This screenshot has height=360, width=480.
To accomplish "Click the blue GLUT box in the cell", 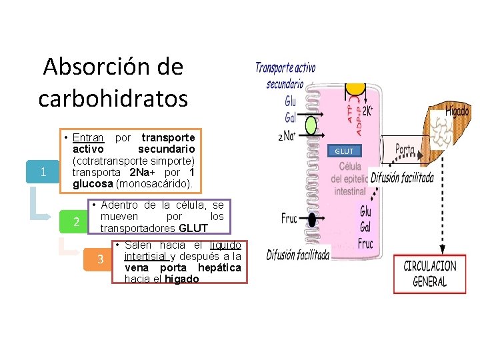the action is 345,151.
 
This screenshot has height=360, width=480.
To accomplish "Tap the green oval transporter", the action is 311,127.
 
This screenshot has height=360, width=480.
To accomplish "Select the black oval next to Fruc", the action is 311,219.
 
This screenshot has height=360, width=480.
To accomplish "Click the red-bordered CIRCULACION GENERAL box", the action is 430,273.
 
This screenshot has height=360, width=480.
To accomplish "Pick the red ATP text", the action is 350,109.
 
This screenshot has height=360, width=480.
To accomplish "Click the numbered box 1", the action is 43,173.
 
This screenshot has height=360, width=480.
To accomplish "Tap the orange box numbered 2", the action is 77,223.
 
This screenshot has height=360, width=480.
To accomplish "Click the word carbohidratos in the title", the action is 113,98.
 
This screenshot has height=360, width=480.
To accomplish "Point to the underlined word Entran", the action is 88,137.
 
